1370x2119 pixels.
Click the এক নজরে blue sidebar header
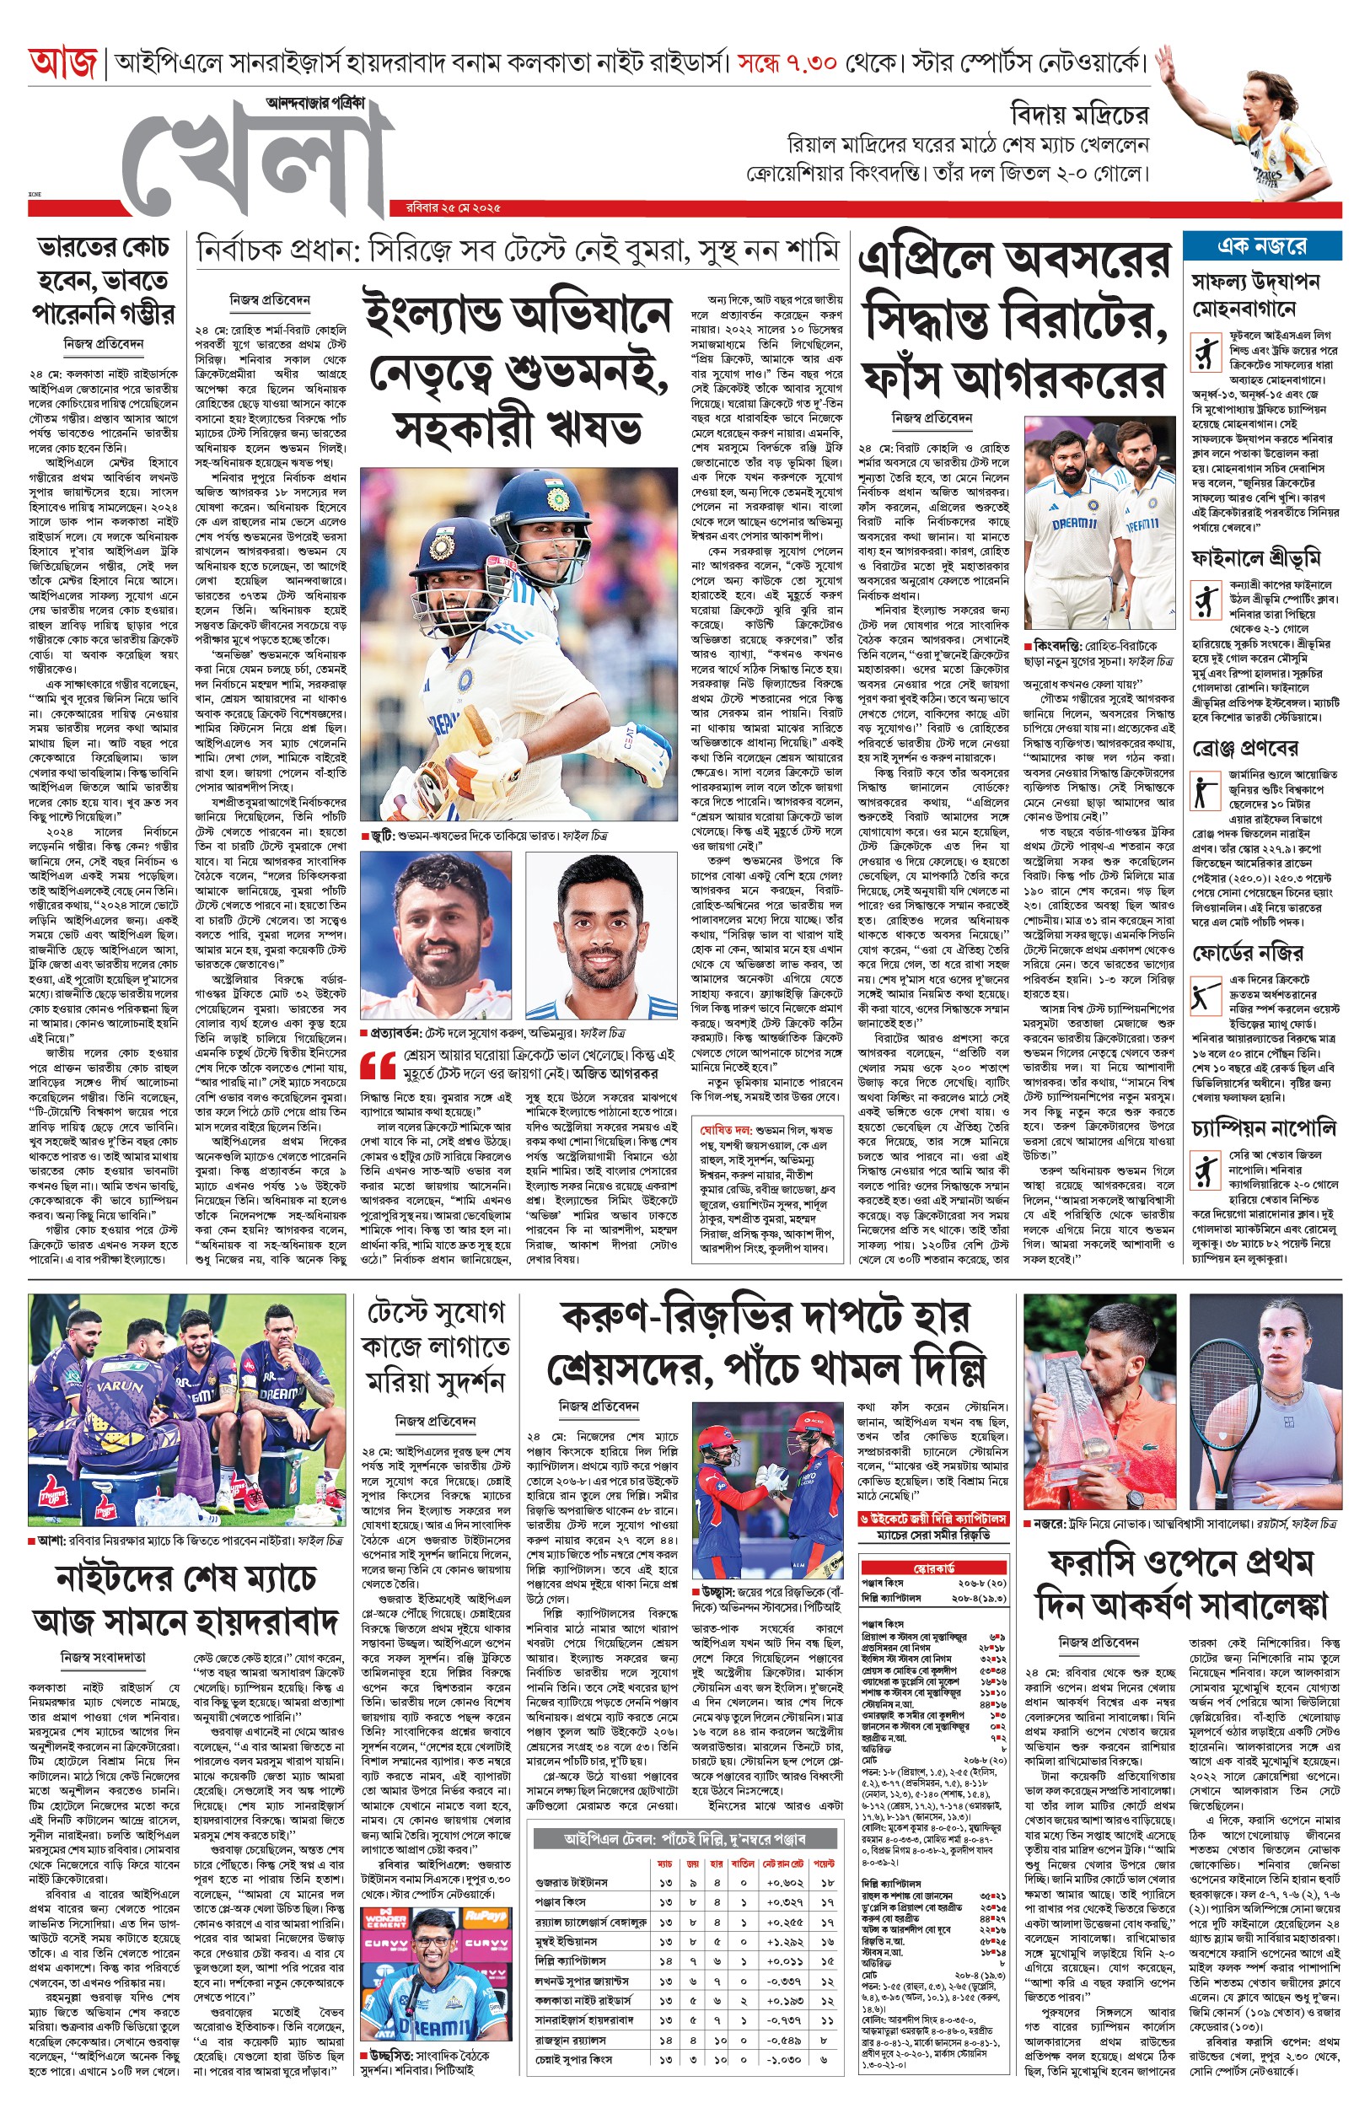1261,246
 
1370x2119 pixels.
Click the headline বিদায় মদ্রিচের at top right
1079,115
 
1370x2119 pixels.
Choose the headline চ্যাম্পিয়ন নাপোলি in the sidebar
1263,1129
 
